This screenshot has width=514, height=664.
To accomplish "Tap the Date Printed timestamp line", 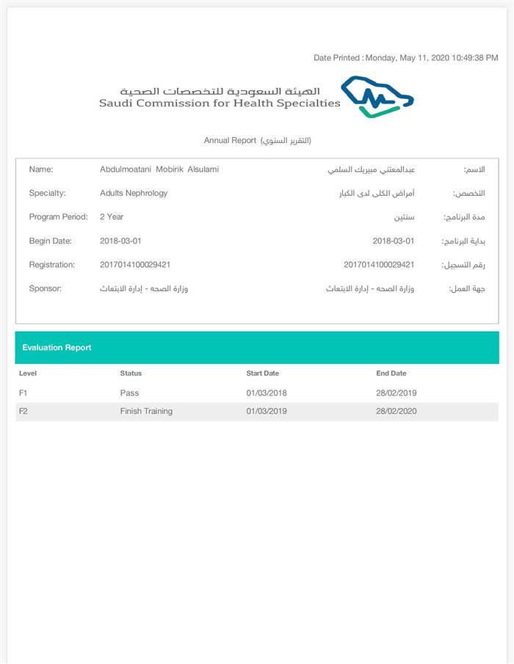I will coord(406,58).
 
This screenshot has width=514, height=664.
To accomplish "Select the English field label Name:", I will coord(41,169).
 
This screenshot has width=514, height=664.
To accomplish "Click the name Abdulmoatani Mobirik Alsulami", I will coord(159,169).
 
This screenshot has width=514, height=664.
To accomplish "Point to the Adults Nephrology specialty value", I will coord(134,193).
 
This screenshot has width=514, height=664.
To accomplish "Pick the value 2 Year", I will coord(112,217).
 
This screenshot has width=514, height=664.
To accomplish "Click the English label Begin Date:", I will coord(50,241).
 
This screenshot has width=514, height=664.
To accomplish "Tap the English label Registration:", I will coord(51,265).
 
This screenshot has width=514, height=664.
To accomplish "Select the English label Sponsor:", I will coord(45,288).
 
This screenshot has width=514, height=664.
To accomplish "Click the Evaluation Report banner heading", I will coord(57,348).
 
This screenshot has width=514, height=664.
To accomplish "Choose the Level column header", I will coord(28,373).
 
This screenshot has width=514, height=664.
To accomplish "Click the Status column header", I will coord(131,373).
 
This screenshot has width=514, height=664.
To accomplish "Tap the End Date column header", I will coord(391,373).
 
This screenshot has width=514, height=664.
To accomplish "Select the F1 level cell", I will coord(23,393).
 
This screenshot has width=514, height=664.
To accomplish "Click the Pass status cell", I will coord(129,393).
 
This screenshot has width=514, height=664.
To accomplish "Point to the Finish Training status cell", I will coord(146,412).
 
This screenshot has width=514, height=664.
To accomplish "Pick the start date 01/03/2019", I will coord(267,412).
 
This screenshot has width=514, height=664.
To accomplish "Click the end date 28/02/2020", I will coord(396,412).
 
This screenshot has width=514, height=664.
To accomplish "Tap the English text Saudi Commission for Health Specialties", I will coord(220,103).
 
